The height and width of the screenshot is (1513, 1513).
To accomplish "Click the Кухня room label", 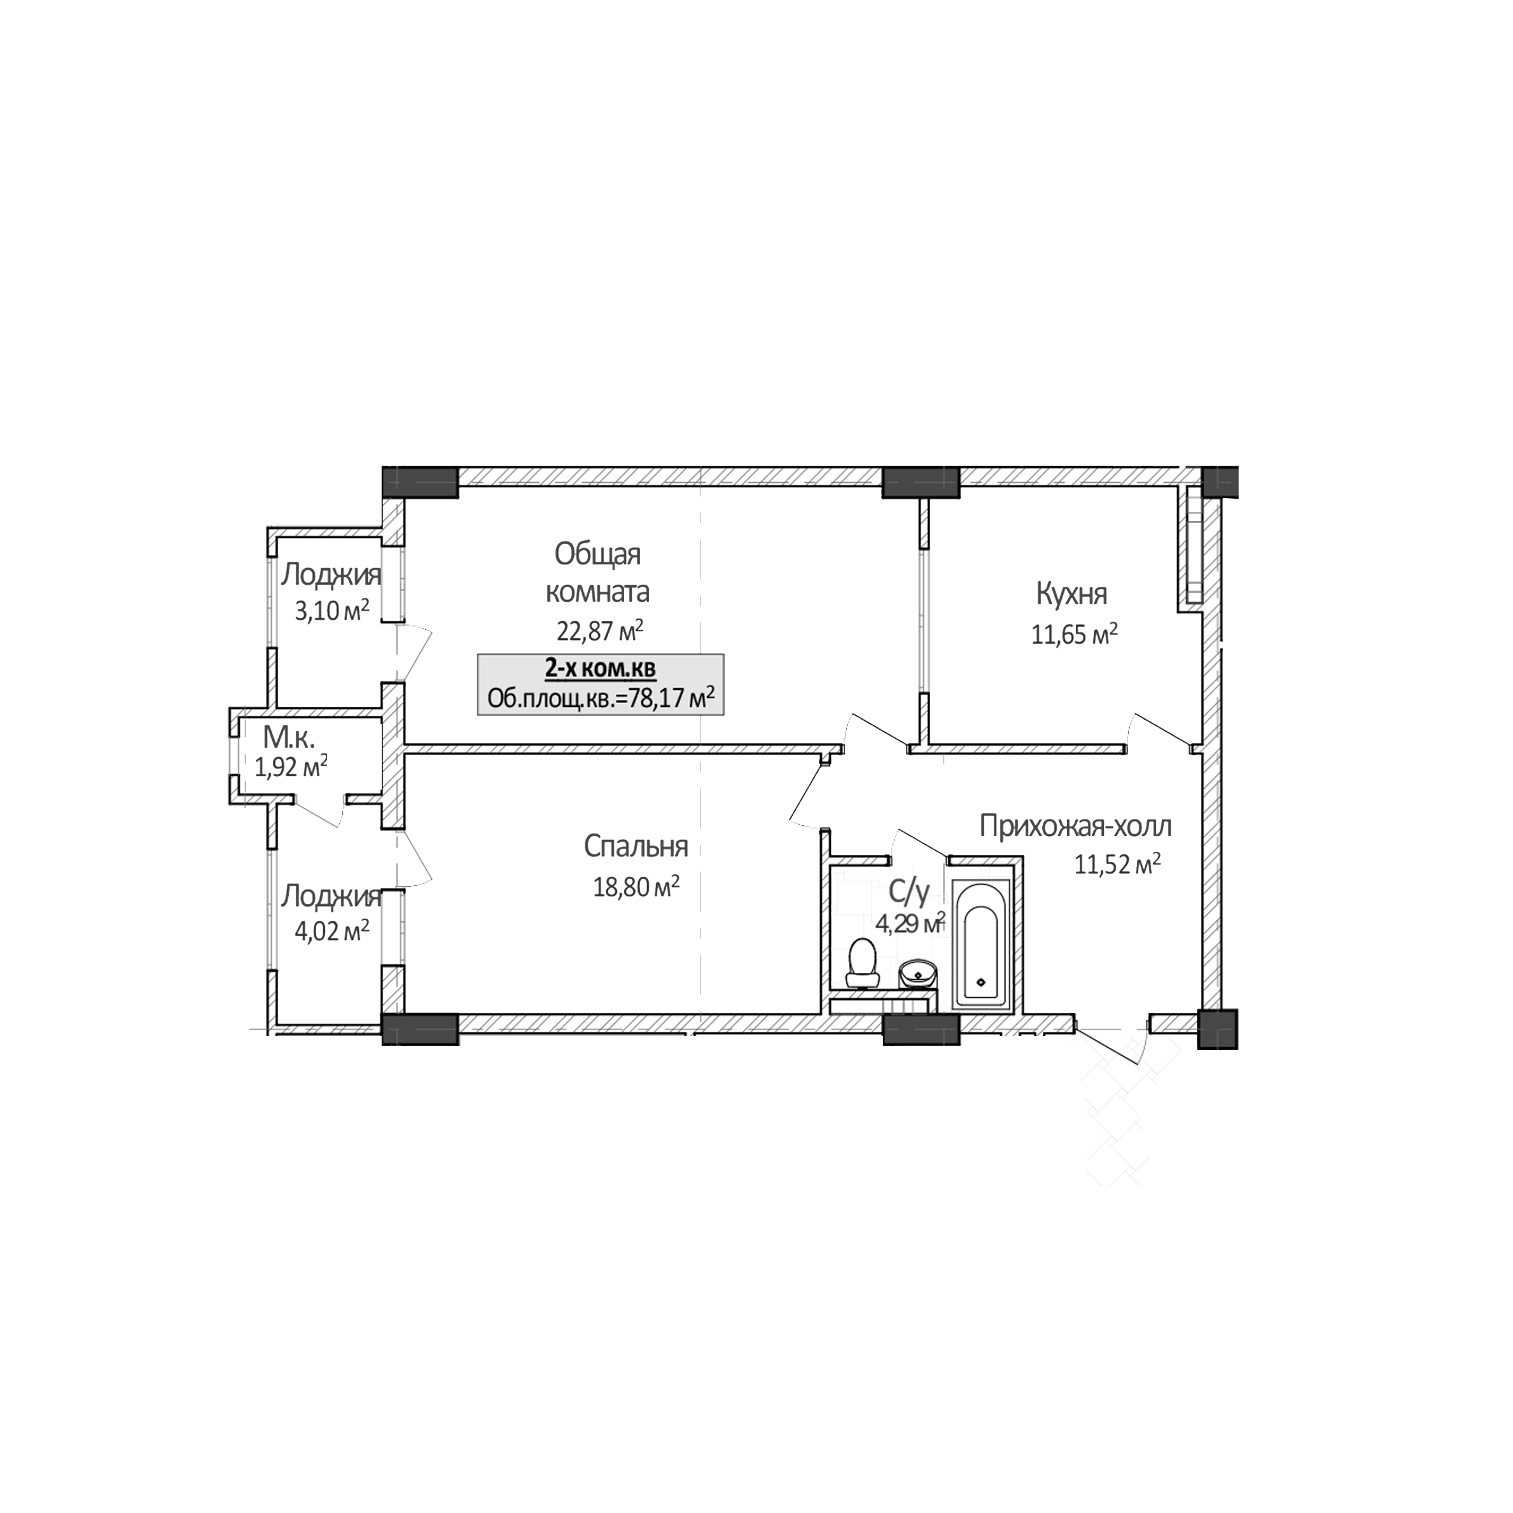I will click(x=1071, y=594).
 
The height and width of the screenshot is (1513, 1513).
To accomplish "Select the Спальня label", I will click(x=635, y=847).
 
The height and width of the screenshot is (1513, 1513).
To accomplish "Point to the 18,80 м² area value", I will click(x=636, y=888).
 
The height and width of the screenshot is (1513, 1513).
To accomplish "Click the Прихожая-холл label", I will click(x=1075, y=826).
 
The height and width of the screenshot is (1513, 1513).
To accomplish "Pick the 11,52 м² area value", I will click(x=1117, y=865).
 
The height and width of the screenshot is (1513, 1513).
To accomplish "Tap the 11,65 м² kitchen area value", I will click(x=1073, y=634).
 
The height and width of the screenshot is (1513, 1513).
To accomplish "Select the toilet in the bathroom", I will click(x=862, y=963).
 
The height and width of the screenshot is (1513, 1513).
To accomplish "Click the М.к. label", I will click(x=288, y=737).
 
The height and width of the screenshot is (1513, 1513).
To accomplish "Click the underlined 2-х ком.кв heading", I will click(x=600, y=669).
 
